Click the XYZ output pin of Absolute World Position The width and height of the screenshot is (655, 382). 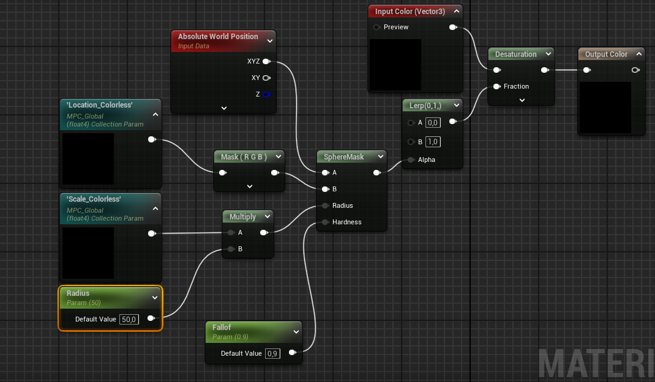click(266, 61)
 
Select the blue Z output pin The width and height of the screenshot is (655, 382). click(266, 94)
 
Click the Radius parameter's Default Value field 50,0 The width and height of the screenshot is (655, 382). click(129, 319)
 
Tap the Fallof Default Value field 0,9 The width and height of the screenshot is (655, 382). click(272, 354)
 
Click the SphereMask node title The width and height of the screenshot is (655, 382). click(344, 157)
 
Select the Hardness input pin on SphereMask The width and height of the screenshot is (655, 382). click(326, 222)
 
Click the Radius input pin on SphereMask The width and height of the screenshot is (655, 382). click(326, 205)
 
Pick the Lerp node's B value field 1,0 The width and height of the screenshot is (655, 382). click(433, 142)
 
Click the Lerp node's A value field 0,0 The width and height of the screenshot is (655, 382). click(433, 123)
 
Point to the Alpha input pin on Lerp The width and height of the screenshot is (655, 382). click(411, 160)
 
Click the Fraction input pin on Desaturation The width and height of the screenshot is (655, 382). click(496, 86)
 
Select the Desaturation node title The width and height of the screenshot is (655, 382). click(516, 54)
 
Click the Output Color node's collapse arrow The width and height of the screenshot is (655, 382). click(639, 54)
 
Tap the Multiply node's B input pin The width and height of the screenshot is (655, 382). click(231, 249)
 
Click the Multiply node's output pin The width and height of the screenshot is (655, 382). click(264, 233)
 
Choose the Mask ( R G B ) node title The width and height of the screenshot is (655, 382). click(244, 157)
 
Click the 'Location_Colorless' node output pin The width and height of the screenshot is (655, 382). click(152, 139)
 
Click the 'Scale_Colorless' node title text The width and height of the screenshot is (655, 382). click(94, 199)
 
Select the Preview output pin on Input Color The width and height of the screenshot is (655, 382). click(453, 27)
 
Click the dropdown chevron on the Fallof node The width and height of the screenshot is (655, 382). click(296, 332)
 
